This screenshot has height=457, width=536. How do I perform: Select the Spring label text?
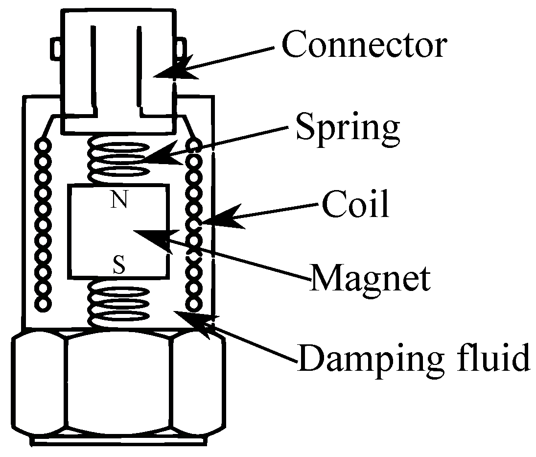coord(347,126)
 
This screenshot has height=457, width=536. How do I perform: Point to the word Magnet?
coord(371,278)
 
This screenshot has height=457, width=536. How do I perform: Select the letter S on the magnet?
coord(118,266)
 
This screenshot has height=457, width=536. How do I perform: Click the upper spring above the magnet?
coord(118,159)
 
